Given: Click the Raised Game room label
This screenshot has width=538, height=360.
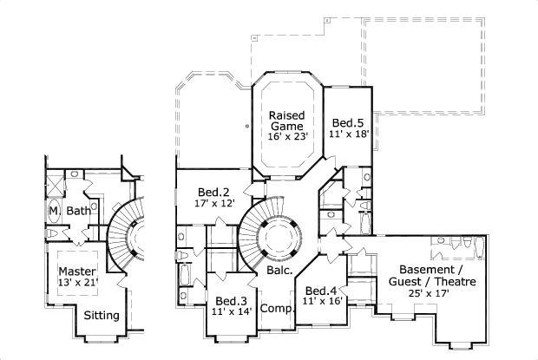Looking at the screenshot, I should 285,121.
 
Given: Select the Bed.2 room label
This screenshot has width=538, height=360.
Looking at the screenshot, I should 213,192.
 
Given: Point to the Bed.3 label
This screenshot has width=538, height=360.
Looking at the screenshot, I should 230,301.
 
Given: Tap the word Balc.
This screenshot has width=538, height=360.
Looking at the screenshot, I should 279,270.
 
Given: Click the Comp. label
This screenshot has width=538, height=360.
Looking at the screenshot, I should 275,307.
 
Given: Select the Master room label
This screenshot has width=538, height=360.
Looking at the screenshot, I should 77,272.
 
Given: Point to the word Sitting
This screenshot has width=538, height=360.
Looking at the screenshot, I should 102,315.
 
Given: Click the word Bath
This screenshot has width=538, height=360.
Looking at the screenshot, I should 78,211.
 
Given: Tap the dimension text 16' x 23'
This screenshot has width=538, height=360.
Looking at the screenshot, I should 285,136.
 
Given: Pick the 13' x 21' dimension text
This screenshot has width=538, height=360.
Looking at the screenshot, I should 77,283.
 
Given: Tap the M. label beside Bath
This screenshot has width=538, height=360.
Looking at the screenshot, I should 53,211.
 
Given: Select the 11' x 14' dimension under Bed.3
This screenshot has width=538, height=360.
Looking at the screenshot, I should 230,312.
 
